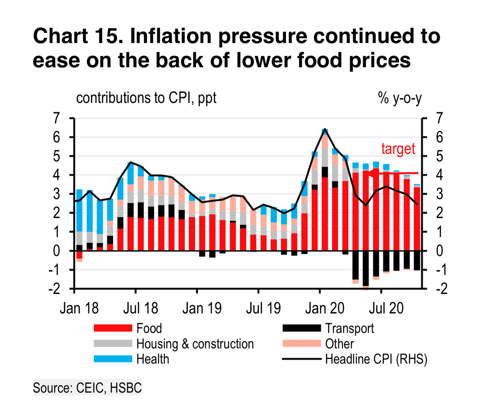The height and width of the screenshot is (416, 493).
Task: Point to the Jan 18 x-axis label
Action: point(79,308)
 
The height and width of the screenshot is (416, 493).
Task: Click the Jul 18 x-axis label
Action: point(140,308)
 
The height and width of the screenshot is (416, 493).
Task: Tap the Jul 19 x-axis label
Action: point(263,308)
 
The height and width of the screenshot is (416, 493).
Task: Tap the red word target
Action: point(398,149)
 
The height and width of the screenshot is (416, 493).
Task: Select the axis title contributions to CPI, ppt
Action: point(146,98)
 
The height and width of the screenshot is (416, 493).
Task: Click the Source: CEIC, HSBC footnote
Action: point(87,388)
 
